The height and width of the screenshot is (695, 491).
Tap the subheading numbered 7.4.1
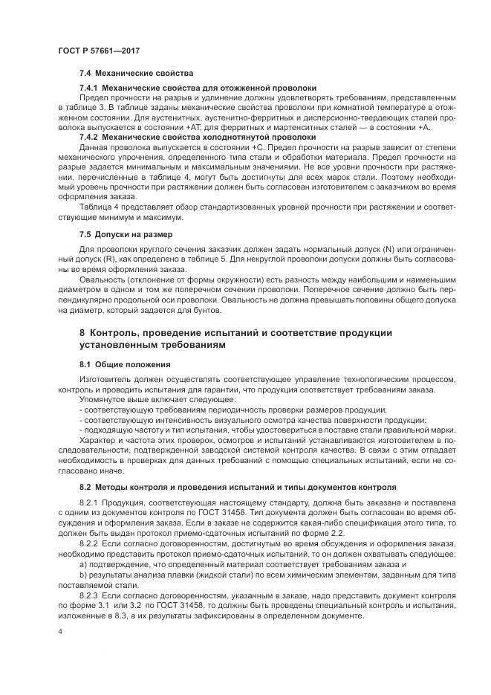tap(91, 88)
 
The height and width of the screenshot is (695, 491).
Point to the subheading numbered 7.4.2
tap(91, 137)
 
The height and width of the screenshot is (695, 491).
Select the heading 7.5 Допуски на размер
tap(126, 235)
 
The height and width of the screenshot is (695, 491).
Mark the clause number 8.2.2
tap(89, 543)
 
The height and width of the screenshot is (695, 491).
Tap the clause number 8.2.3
tap(89, 595)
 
